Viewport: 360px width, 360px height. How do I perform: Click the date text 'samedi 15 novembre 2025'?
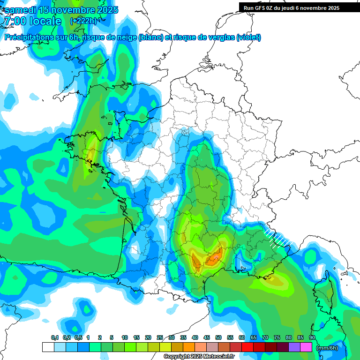tap(61, 10)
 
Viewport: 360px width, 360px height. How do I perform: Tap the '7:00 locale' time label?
tap(32, 21)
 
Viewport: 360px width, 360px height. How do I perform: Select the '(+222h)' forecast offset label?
tap(83, 21)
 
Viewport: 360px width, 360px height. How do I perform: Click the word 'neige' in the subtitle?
tap(125, 37)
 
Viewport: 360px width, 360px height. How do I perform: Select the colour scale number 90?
tap(312, 338)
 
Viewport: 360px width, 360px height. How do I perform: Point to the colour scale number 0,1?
tap(54, 338)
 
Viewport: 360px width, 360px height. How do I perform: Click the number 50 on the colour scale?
tap(218, 338)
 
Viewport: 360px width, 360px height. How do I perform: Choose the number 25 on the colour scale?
tap(160, 338)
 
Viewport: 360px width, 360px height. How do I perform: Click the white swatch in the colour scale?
tap(48, 347)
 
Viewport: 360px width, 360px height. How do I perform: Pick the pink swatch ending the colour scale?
tap(306, 347)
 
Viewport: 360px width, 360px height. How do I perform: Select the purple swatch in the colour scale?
tap(294, 347)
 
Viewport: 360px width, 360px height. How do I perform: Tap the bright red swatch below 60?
tap(247, 347)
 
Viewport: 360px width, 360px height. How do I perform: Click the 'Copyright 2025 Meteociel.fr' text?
tap(199, 357)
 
